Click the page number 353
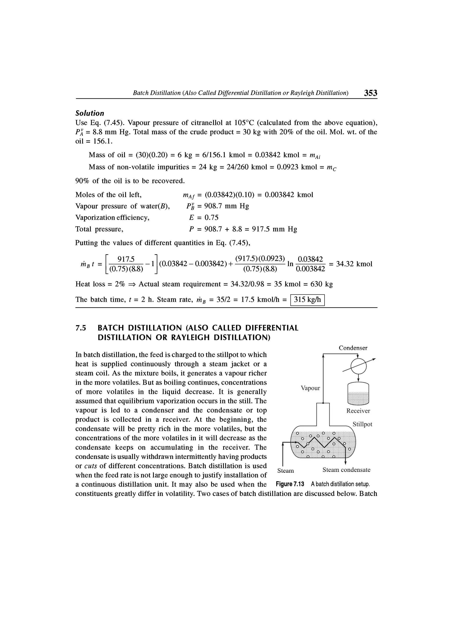370,93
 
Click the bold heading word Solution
90,113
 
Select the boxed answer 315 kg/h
307,300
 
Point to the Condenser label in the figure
353,348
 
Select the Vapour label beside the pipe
310,388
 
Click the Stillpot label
362,424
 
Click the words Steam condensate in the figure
346,470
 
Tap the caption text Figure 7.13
290,484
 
